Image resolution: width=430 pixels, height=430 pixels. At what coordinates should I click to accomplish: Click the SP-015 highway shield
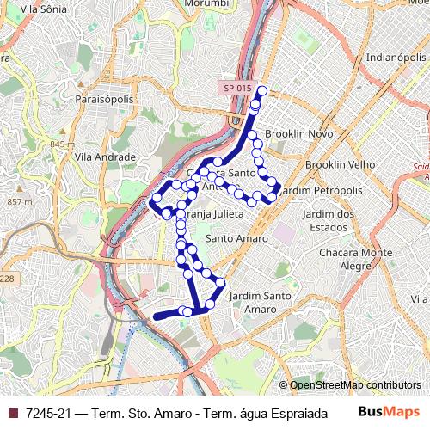click(237, 88)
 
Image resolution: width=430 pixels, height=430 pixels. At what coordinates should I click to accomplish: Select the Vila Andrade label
click(106, 157)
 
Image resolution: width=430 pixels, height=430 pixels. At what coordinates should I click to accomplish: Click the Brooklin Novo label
click(298, 134)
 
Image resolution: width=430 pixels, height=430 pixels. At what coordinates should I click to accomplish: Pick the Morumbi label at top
click(206, 4)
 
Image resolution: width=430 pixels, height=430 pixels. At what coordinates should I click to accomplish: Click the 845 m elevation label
click(64, 144)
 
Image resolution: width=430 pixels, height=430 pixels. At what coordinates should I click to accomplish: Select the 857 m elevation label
click(19, 201)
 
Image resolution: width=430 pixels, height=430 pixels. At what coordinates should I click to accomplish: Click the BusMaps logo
click(388, 412)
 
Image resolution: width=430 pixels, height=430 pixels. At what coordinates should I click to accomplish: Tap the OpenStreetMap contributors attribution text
click(354, 385)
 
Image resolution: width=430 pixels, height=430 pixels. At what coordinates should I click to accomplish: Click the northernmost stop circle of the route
click(262, 92)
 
